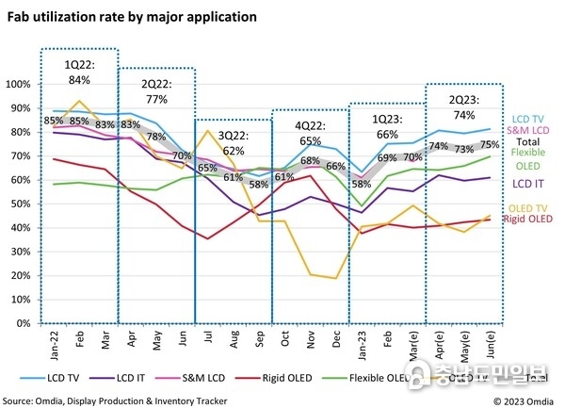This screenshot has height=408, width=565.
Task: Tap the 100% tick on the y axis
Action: click(x=19, y=84)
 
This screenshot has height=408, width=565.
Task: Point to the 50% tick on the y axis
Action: click(x=21, y=204)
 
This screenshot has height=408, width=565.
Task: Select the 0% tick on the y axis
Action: click(x=24, y=323)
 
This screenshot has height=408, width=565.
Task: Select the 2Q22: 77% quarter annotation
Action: click(x=155, y=90)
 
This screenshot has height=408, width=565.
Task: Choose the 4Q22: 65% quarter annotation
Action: click(x=311, y=133)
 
